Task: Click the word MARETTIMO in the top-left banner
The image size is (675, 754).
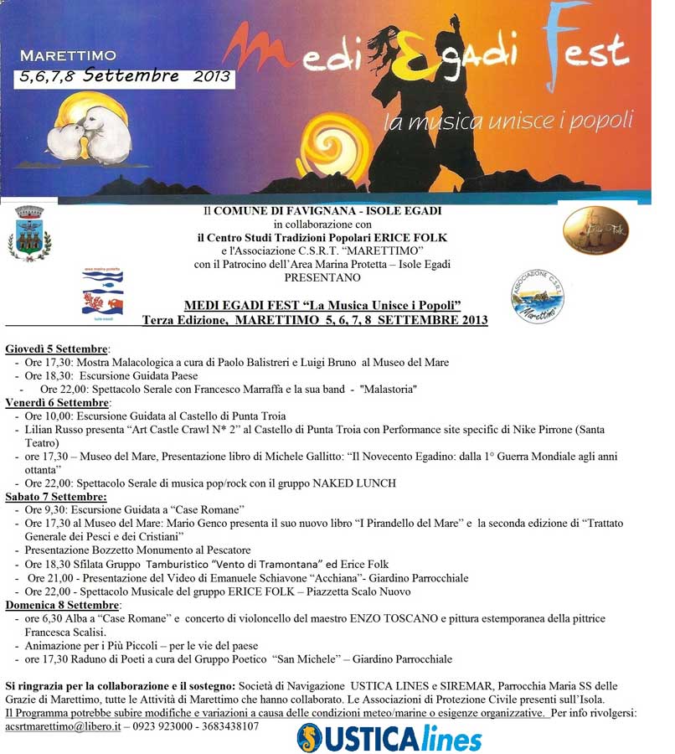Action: tap(68, 56)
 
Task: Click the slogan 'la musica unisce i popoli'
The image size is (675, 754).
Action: tap(508, 121)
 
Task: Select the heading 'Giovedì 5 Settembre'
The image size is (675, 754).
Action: tap(57, 348)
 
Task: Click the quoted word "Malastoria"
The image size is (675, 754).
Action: tap(388, 390)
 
